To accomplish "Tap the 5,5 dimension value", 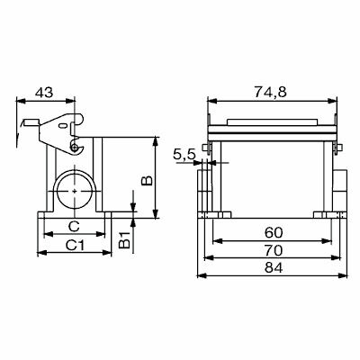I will pyautogui.click(x=184, y=156).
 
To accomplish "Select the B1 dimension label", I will pyautogui.click(x=127, y=239).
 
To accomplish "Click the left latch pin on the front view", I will pyautogui.click(x=207, y=148).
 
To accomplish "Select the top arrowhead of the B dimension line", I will pyautogui.click(x=156, y=140).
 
